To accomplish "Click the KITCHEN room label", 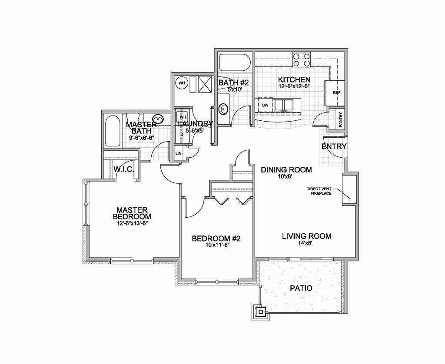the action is tap(294, 80).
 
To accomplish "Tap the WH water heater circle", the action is tap(182, 83).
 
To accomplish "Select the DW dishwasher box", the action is tap(265, 105).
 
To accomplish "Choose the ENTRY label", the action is tap(334, 146).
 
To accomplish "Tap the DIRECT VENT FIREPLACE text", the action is tap(319, 191).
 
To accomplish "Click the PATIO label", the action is tap(301, 288).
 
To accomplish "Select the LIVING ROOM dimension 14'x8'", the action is tap(306, 244).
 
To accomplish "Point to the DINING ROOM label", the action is tap(286, 170).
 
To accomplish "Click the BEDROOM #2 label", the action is tap(216, 238).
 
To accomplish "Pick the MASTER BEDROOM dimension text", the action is tap(132, 224).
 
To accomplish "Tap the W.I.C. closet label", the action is tap(123, 169).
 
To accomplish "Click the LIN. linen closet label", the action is tap(179, 154).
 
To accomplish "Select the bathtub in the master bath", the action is tap(113, 131).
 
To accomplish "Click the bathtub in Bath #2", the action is tap(234, 63).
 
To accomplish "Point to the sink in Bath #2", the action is tap(223, 109).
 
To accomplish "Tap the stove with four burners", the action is tap(301, 60).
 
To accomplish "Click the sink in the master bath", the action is tap(157, 119).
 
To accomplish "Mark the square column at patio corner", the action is tap(260, 311).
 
